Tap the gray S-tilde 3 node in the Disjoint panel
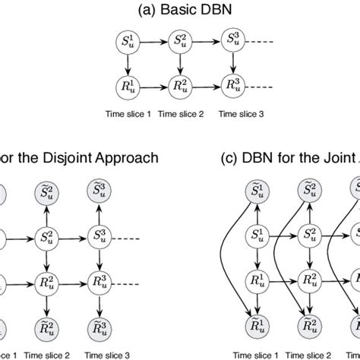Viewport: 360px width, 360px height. (x=98, y=190)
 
